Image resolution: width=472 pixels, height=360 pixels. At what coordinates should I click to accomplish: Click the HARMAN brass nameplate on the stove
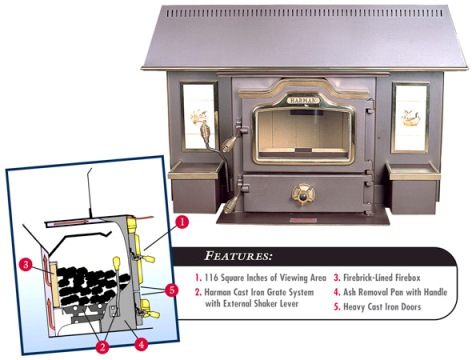coord(303,100)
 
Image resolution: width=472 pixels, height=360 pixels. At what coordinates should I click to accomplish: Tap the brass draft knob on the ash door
coord(303,194)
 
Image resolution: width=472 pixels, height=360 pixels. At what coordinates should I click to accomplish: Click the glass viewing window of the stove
coord(303,135)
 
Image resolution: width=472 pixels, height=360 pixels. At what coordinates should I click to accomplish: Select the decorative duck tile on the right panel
coord(410,118)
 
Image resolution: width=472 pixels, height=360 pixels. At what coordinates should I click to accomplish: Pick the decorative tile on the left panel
coord(199,117)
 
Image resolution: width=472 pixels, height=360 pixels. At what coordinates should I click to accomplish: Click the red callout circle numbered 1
coord(181,222)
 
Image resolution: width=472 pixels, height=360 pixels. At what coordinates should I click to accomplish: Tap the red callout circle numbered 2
coord(102,346)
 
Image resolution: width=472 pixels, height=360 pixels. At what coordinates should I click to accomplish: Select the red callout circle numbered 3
coord(26,265)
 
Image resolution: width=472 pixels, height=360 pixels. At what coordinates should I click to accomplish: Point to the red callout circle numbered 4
coord(141,343)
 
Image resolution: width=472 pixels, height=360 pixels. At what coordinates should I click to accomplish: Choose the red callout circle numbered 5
coord(171,290)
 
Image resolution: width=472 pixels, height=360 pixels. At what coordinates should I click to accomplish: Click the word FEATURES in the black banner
coord(238,256)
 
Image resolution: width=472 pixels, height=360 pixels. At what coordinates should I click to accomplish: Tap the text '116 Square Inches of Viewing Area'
coord(265,278)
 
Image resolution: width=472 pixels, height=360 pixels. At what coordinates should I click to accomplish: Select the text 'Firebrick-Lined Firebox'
coord(382,278)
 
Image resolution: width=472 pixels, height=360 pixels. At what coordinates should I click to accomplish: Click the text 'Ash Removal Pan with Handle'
coord(395,292)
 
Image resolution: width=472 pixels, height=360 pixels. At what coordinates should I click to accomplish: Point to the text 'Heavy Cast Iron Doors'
coord(382,307)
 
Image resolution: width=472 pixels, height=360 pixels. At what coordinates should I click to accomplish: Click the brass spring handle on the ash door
coord(231,203)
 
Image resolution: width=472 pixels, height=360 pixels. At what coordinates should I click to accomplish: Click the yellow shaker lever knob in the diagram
coord(117,263)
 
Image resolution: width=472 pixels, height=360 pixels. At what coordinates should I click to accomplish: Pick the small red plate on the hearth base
coord(303,220)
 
